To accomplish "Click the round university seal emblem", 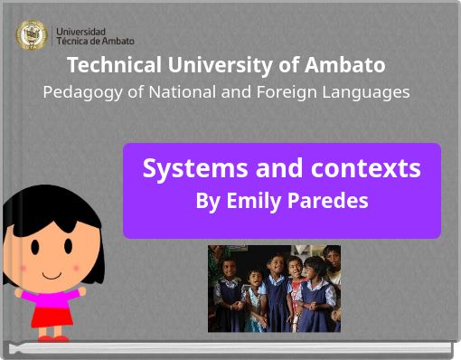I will point(32,35).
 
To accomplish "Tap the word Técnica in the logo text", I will point(72,42).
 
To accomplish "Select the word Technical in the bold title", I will point(114,65).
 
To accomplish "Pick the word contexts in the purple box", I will point(366,168).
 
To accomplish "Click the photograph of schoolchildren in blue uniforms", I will point(274,288).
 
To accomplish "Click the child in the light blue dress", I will point(275,298).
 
